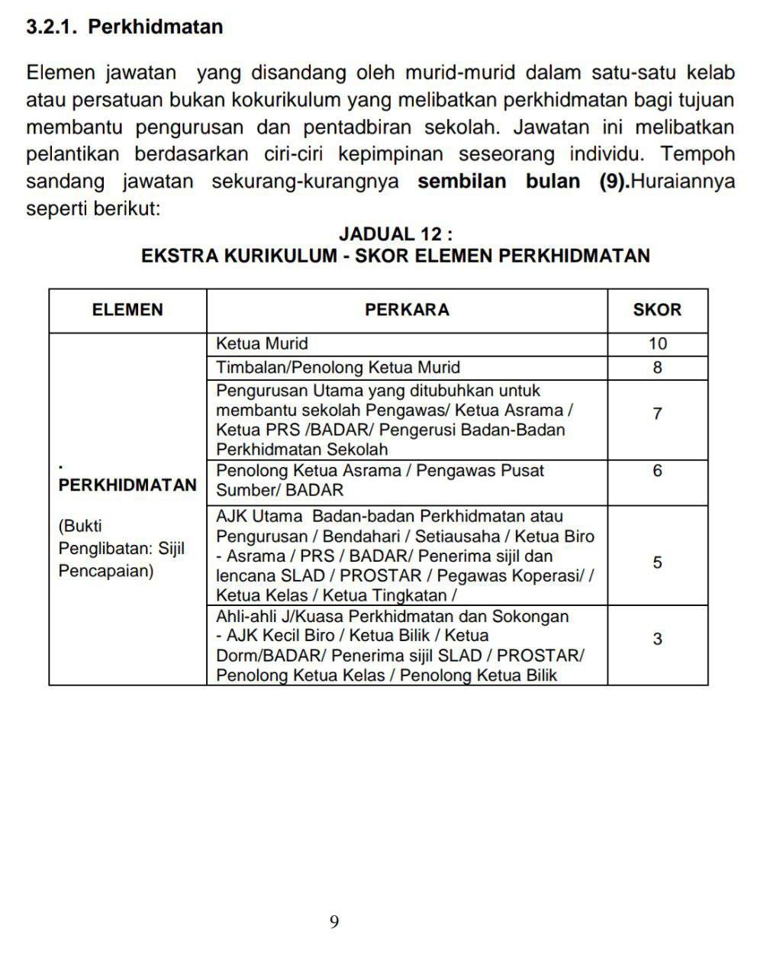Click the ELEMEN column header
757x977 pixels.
tap(127, 310)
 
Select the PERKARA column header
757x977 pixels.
tap(407, 310)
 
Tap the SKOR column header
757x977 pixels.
tap(657, 310)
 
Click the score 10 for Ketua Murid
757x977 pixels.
tap(657, 344)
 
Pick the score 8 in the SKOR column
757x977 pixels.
tap(657, 368)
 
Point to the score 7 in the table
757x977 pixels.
tap(657, 414)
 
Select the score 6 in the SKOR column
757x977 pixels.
tap(657, 471)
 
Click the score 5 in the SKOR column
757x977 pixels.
tap(657, 563)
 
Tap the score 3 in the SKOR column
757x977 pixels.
tap(657, 639)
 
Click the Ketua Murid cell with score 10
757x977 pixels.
tap(262, 344)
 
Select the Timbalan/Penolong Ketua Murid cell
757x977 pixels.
tap(338, 368)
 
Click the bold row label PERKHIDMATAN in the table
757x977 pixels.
tap(127, 485)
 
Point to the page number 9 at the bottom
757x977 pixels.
tap(334, 922)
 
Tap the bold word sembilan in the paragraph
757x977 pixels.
tap(462, 182)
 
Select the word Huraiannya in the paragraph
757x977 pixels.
tap(685, 182)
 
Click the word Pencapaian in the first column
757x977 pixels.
tap(106, 571)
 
